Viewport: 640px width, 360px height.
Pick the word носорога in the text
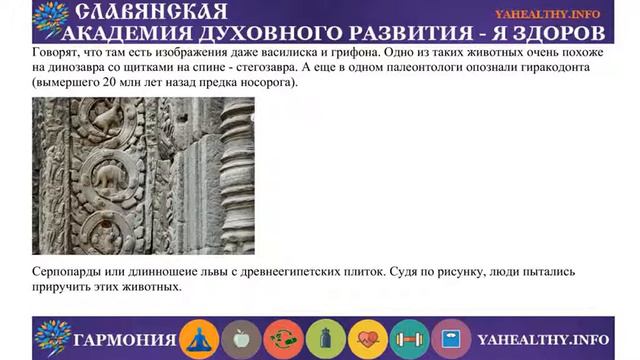point(268,80)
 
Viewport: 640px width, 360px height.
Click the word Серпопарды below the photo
point(71,271)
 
